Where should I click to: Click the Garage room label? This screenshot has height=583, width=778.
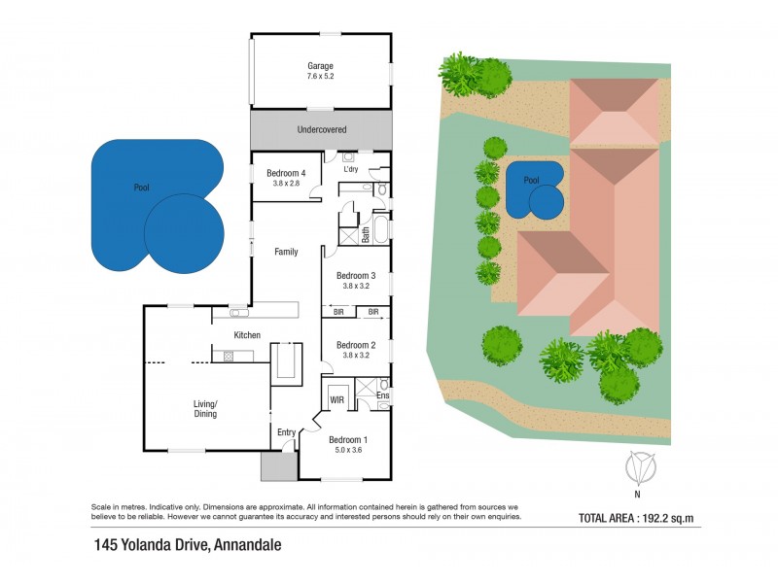[x=320, y=66]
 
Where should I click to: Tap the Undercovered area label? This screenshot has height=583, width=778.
[x=321, y=129]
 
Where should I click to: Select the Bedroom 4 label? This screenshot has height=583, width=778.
[x=286, y=173]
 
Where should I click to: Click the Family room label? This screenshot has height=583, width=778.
[x=286, y=252]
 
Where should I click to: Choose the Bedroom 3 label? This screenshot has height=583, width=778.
[x=355, y=275]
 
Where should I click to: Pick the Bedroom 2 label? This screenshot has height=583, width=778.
[x=355, y=345]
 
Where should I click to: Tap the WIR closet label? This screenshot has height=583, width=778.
[x=337, y=399]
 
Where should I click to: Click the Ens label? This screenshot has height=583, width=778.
[x=382, y=395]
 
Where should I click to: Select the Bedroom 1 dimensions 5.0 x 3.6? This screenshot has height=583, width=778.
[x=347, y=450]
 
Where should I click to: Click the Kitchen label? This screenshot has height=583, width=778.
[x=247, y=335]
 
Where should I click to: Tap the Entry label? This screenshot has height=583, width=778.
[x=286, y=432]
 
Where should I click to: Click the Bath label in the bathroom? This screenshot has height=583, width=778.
[x=367, y=234]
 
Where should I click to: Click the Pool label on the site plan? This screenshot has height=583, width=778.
[x=531, y=181]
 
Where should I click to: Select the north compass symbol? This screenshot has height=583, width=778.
[x=638, y=470]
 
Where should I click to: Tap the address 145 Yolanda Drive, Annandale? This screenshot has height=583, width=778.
[x=187, y=545]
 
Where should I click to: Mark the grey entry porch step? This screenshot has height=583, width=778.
[x=279, y=465]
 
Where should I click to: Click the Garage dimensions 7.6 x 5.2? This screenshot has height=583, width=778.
[x=320, y=76]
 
